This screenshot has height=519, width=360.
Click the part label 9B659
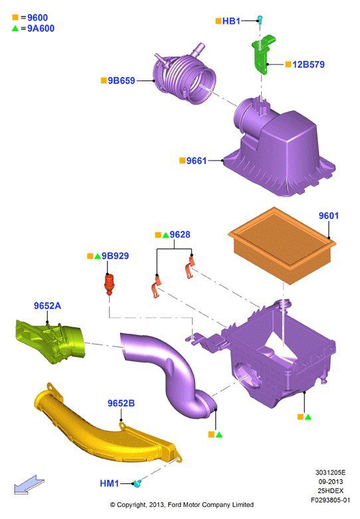tap(122, 81)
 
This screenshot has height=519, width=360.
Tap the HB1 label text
tap(231, 21)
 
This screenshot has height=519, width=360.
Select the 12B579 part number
tap(308, 64)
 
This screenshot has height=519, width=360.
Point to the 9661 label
tap(197, 161)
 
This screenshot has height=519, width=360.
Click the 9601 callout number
tap(329, 216)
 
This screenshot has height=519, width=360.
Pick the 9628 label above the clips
tap(180, 235)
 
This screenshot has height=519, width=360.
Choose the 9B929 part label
tap(115, 256)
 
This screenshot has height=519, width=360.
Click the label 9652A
tap(47, 306)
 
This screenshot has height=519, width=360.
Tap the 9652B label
tap(121, 404)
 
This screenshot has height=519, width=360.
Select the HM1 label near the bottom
tap(110, 484)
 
